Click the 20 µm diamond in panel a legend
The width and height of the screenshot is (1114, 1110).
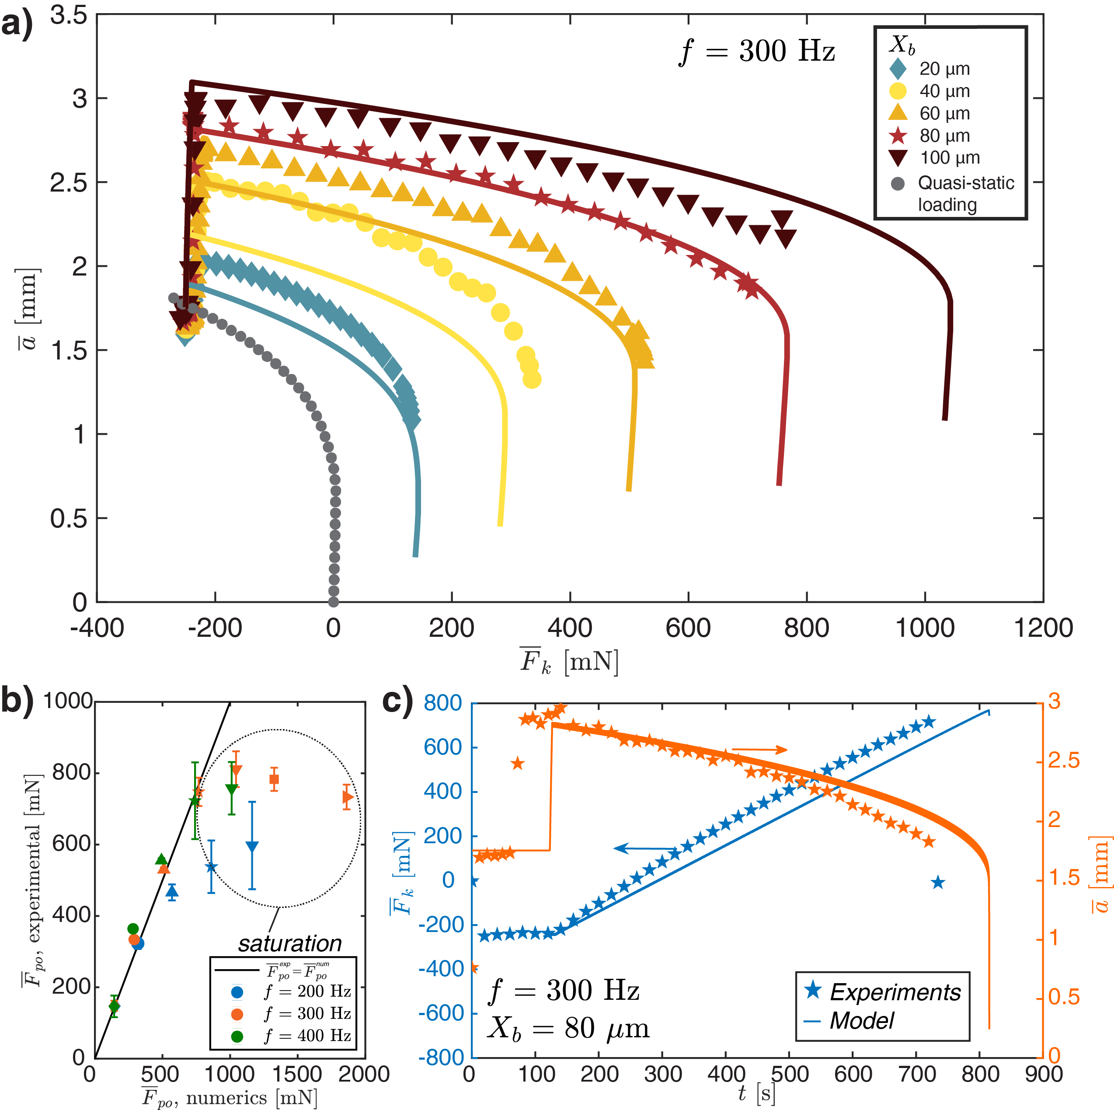pyautogui.click(x=898, y=69)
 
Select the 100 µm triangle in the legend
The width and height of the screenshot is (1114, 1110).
pyautogui.click(x=898, y=157)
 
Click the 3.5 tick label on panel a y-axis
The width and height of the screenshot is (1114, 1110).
pyautogui.click(x=68, y=16)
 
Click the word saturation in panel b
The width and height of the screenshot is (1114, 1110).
pyautogui.click(x=290, y=943)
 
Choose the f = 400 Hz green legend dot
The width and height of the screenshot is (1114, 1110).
pyautogui.click(x=237, y=1036)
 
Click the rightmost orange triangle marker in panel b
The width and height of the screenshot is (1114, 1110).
pyautogui.click(x=347, y=797)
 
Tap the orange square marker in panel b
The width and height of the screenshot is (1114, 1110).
pyautogui.click(x=275, y=779)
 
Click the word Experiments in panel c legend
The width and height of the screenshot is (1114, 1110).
pyautogui.click(x=895, y=992)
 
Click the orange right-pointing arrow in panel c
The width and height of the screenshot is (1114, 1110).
pyautogui.click(x=759, y=750)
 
